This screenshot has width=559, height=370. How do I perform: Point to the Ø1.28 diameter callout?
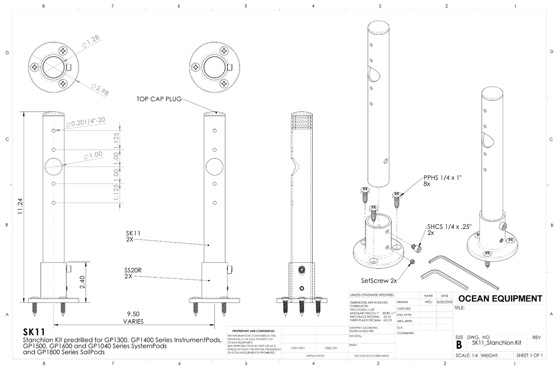coord(91,42)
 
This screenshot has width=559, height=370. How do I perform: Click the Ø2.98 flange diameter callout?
coord(100,90)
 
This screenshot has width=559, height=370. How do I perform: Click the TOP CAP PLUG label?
coord(158,99)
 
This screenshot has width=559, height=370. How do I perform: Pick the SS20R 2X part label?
coord(132,273)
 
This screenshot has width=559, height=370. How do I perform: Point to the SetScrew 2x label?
coord(379,280)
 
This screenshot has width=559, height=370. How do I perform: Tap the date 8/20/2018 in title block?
coord(444,302)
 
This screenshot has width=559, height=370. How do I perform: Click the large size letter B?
coord(459,345)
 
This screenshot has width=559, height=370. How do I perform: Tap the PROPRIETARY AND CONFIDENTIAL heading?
coord(254,331)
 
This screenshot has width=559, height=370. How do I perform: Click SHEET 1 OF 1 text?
coord(530,355)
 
